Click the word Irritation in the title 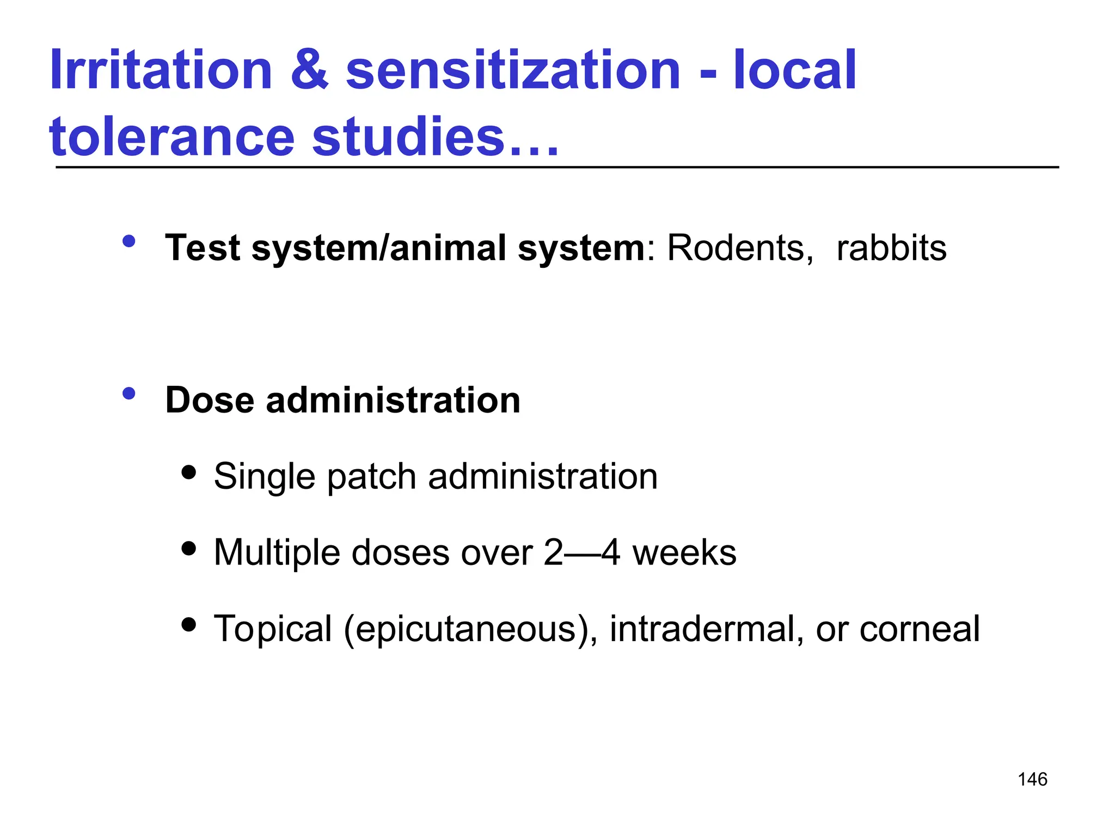point(161,71)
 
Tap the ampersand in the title point(309,71)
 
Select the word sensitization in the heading point(513,71)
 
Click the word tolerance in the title point(171,137)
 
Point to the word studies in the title point(408,137)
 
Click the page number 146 point(1032,779)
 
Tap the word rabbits point(891,248)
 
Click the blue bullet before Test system point(129,241)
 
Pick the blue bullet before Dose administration point(129,394)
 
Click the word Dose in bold point(210,401)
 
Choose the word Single point(265,477)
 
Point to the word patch point(372,477)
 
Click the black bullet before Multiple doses point(189,548)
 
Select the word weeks point(684,553)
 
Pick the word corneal point(920,629)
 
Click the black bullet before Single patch point(189,471)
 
